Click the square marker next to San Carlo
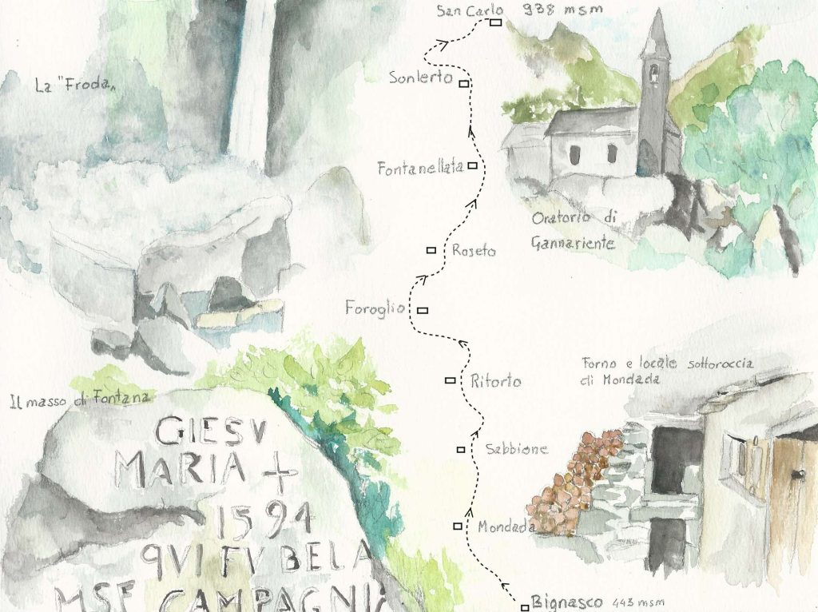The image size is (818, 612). (495, 23)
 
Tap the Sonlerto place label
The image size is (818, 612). (421, 78)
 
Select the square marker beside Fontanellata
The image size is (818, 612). (472, 166)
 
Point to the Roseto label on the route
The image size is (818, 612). (473, 251)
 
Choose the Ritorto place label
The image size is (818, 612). (495, 382)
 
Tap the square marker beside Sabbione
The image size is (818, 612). (461, 450)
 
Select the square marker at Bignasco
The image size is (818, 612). (525, 604)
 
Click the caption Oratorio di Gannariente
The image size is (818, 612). (574, 231)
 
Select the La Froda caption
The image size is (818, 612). (72, 82)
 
